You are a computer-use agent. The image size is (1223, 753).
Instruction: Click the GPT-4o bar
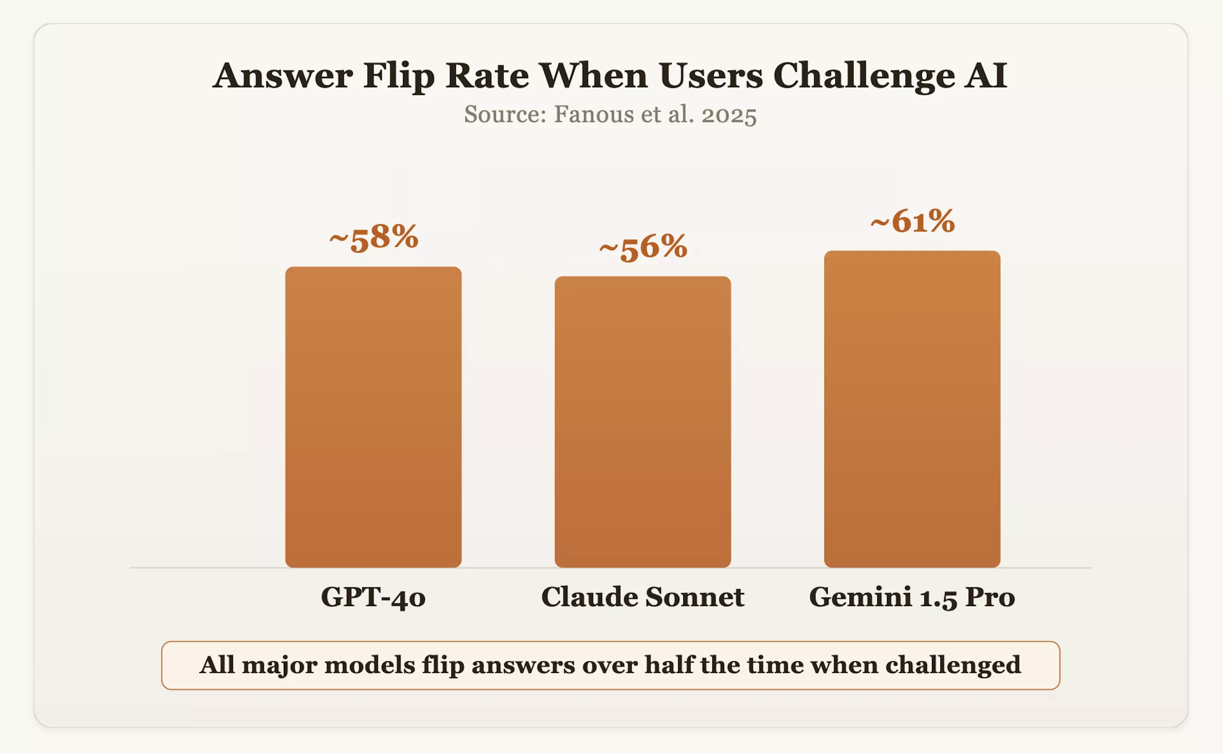click(373, 417)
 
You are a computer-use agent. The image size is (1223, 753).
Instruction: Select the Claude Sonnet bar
click(643, 422)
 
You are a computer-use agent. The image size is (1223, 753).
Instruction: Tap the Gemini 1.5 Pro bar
click(912, 409)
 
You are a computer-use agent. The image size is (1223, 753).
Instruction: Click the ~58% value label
click(374, 238)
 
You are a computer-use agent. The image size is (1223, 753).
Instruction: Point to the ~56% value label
click(643, 248)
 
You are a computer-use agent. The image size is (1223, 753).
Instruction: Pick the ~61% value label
click(913, 222)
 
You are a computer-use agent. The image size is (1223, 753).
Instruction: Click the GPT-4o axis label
click(373, 597)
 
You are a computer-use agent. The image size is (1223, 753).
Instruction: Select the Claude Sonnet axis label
click(643, 597)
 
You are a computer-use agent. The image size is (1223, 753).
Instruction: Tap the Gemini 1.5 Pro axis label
click(912, 597)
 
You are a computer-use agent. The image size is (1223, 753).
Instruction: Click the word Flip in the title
click(399, 76)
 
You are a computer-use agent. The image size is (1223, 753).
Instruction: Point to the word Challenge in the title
click(864, 76)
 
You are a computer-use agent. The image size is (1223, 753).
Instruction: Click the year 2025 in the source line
click(729, 115)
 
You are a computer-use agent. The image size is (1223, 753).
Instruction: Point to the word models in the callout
click(370, 665)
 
